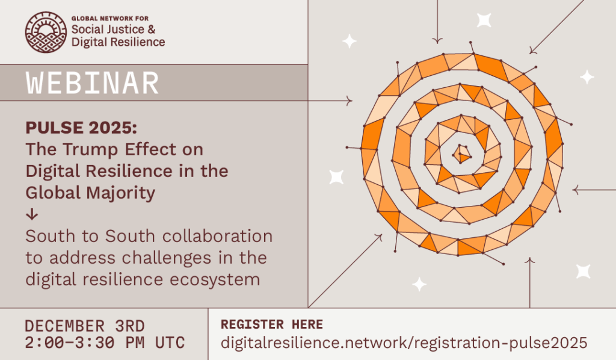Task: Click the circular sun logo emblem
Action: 46,33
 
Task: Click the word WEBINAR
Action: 92,83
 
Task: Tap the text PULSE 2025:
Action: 81,128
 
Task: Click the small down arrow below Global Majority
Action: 32,214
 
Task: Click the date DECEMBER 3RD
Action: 85,326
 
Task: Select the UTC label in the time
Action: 170,343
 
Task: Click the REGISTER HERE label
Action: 272,324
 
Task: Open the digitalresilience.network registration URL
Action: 404,343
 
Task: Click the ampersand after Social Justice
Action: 152,29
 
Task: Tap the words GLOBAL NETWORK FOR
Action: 110,19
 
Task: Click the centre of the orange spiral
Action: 461,154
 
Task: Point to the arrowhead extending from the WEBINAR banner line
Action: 350,101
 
